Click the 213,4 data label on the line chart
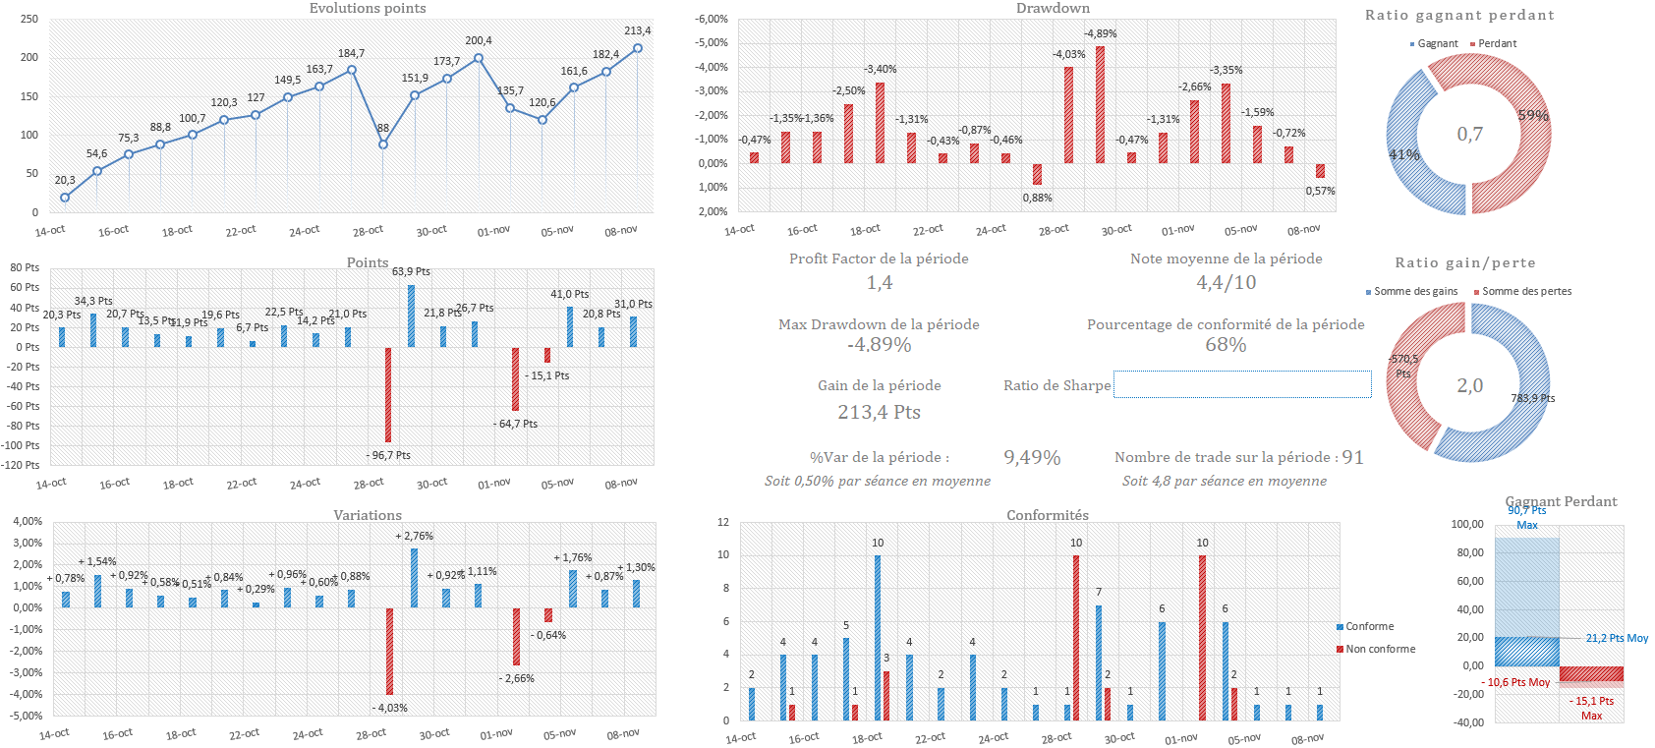pos(637,31)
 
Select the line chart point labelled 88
pos(383,144)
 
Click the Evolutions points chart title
pos(368,9)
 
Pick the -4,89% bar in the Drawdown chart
pos(1100,104)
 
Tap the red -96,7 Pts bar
pos(388,395)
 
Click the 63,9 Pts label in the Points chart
pos(411,272)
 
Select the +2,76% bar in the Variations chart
pos(414,577)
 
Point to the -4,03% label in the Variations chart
pos(391,708)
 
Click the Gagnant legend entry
pos(1437,44)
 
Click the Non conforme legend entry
pos(1380,650)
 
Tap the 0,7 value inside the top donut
pos(1469,135)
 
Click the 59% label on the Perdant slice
pos(1533,116)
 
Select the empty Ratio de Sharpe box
pos(1242,384)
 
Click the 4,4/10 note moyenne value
pos(1226,283)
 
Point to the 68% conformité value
pos(1226,345)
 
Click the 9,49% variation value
pos(1032,458)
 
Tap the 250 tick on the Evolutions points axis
pos(29,20)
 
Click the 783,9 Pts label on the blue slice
pos(1532,399)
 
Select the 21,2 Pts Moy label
pos(1617,639)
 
